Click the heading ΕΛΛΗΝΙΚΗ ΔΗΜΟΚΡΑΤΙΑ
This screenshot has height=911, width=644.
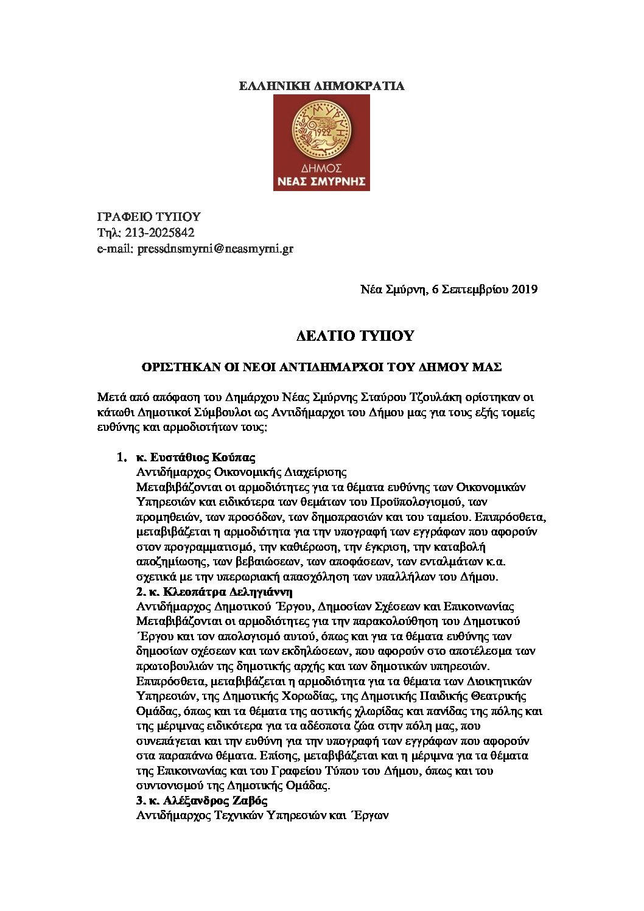[x=321, y=86]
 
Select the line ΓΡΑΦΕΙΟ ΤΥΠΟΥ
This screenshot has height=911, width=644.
[x=149, y=217]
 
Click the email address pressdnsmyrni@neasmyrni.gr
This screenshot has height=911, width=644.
[x=215, y=248]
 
